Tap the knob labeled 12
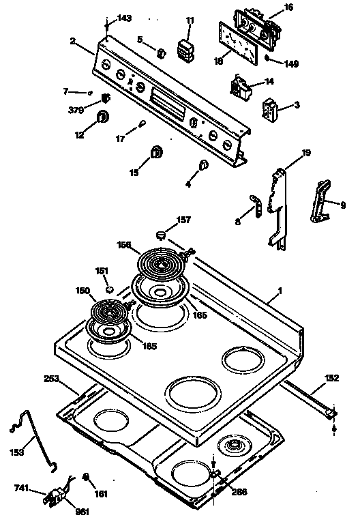[103, 117]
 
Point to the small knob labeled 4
[203, 165]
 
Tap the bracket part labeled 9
[322, 201]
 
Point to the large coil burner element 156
[161, 261]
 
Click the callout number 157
[184, 220]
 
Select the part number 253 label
[52, 378]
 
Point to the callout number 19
[307, 153]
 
